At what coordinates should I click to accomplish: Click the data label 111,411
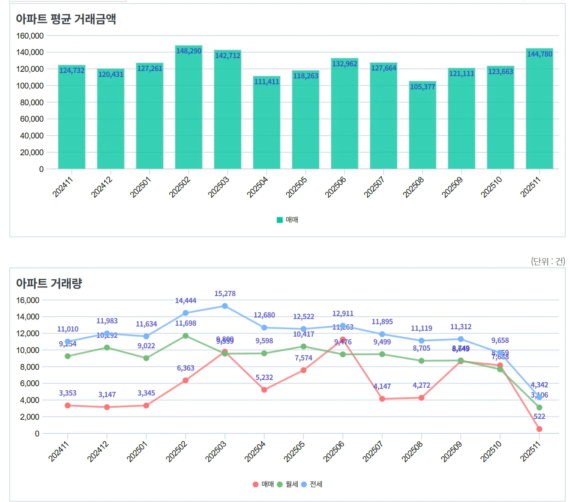[267, 82]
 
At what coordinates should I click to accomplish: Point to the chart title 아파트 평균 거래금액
[66, 19]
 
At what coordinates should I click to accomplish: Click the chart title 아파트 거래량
[49, 283]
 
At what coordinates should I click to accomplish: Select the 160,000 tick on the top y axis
[30, 36]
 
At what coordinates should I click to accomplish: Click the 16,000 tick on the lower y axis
[28, 300]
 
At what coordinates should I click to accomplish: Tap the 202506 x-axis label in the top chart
[336, 187]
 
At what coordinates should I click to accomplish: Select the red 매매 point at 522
[539, 429]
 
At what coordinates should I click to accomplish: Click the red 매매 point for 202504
[264, 390]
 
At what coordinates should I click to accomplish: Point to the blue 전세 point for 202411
[68, 341]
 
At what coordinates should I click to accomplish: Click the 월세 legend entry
[288, 484]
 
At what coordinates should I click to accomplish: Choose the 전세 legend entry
[312, 484]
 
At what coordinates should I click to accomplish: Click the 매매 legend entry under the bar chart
[288, 220]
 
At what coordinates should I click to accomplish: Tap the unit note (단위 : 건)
[548, 261]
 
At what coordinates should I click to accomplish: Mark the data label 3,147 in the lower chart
[107, 395]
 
